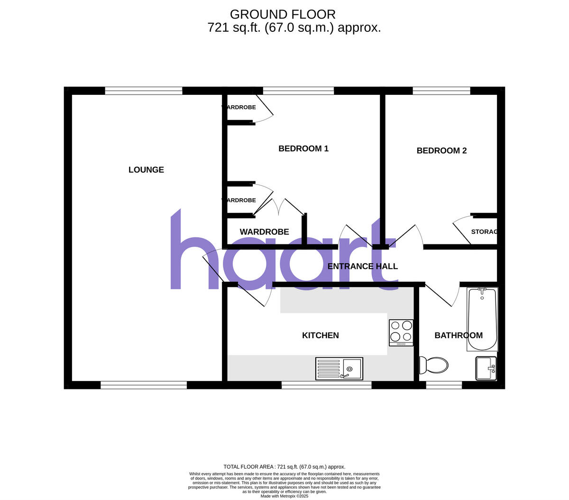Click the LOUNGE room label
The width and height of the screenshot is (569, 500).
coord(146,170)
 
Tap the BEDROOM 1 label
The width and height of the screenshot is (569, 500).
coord(303,148)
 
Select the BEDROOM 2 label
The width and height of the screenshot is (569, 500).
coord(441,151)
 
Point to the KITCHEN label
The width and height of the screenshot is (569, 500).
coord(321,335)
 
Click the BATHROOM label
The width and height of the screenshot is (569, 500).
coord(459,335)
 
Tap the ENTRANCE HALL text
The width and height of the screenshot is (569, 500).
coord(363,267)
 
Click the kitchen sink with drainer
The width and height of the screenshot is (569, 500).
coord(339,369)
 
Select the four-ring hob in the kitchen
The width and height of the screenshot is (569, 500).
coord(401,332)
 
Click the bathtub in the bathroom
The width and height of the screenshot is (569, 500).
coord(482,319)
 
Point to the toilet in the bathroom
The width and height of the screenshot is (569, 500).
coord(434,365)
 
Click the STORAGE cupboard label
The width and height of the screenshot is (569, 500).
coord(484,232)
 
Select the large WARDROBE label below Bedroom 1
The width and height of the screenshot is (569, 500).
coord(264,232)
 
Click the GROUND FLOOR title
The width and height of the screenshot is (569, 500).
coord(283,14)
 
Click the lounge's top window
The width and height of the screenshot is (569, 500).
coord(144,91)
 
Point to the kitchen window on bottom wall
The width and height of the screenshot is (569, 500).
coord(326,385)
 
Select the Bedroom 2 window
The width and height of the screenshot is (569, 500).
coord(441,91)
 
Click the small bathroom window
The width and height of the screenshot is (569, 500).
coord(444,385)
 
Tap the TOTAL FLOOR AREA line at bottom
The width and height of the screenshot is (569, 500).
coord(284,467)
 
